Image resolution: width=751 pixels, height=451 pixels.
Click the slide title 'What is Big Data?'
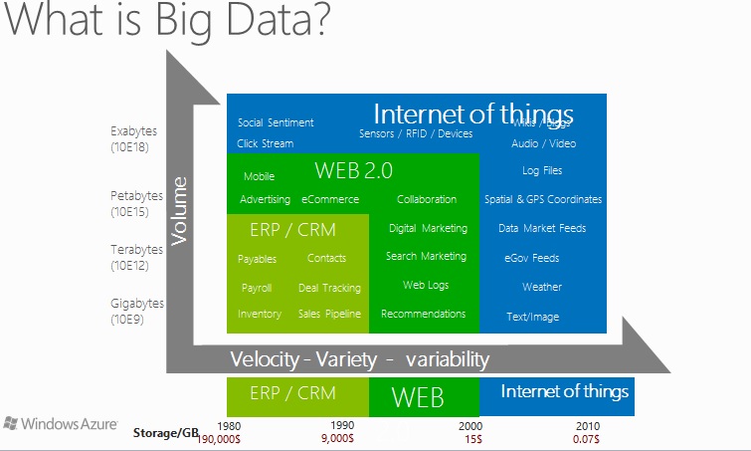(165, 22)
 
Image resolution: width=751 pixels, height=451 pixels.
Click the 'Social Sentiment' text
(276, 122)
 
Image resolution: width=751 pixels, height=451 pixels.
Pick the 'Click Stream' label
(266, 143)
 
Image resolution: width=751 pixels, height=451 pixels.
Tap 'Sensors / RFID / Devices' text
(416, 133)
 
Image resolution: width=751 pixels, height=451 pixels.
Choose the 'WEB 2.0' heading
(353, 170)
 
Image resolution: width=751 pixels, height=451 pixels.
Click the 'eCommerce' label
(330, 199)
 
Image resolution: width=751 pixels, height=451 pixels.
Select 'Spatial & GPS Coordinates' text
(543, 199)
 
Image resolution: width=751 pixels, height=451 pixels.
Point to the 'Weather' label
(542, 287)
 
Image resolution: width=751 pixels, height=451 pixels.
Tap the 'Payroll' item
(257, 288)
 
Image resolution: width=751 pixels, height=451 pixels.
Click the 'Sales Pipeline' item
(329, 314)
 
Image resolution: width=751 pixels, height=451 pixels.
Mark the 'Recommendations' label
(423, 314)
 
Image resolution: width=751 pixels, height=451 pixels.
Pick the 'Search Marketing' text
(426, 256)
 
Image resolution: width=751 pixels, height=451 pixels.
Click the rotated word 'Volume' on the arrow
(180, 210)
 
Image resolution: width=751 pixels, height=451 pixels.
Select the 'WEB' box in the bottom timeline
(418, 396)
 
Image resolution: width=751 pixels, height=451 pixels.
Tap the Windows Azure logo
(61, 423)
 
